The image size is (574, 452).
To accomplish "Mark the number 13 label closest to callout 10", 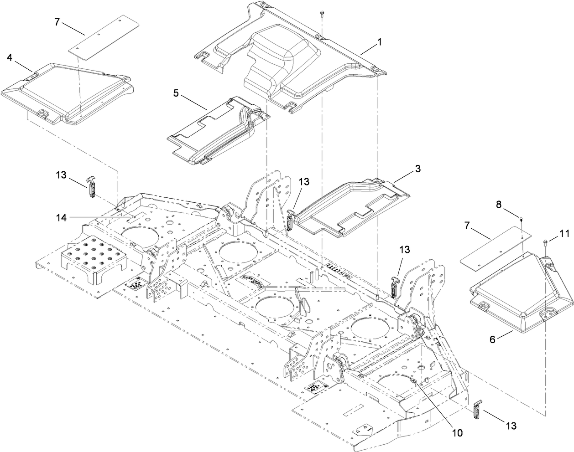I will coord(511,426).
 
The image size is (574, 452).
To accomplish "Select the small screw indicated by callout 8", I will coord(521,220).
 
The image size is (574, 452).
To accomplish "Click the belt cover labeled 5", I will coord(214,132).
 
